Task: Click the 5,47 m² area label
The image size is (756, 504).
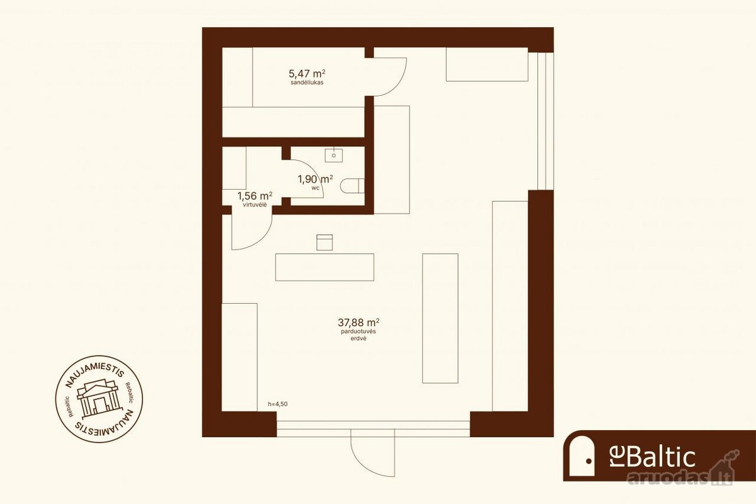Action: point(307,74)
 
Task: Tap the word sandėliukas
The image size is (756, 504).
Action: point(307,83)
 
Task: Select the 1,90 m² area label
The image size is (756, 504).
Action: point(316,180)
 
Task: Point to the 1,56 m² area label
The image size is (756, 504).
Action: point(255,196)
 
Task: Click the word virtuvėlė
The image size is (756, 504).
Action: point(255,205)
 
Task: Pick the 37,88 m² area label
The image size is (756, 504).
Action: point(358,323)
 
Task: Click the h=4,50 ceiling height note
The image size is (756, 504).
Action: point(278,404)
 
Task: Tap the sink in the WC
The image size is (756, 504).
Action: point(334,155)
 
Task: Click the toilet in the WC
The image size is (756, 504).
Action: point(352,186)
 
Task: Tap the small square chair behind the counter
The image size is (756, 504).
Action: point(324,243)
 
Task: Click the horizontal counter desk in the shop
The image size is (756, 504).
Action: point(324,267)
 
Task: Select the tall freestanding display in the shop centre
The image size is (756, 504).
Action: point(440,318)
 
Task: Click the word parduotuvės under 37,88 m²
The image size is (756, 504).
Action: point(358,331)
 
